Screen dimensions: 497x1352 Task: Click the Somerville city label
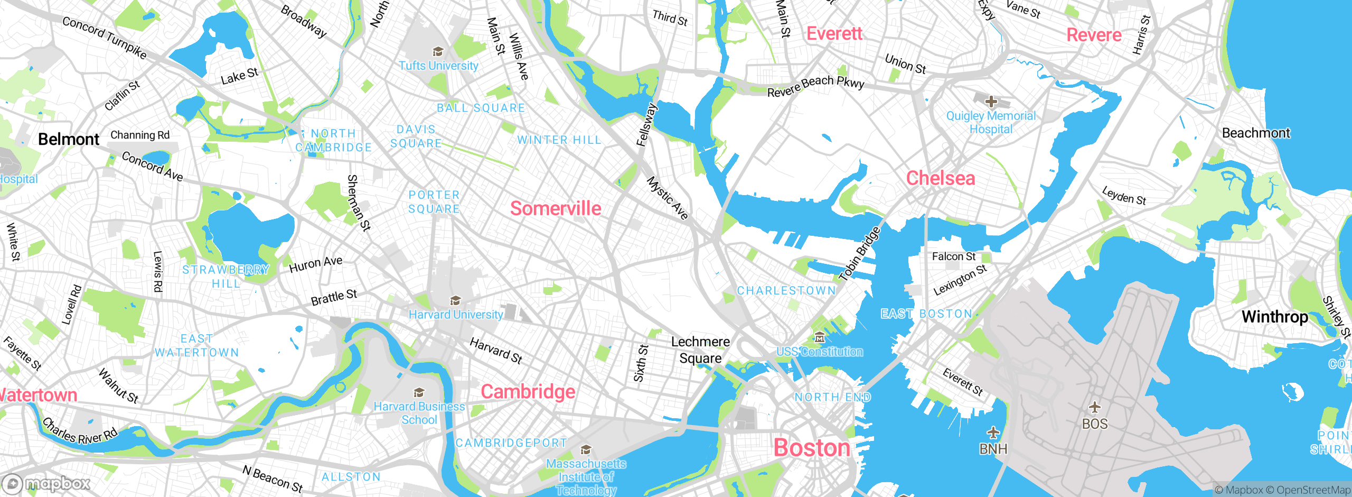pos(556,208)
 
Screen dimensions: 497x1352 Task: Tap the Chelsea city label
pos(941,178)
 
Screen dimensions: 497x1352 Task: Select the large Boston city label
pos(812,448)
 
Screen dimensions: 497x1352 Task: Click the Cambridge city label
pos(528,392)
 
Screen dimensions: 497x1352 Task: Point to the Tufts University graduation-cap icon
pos(438,52)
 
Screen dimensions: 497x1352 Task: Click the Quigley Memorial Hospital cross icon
pos(991,101)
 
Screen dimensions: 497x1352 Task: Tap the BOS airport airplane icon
pos(1095,407)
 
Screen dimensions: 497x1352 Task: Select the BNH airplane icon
pos(993,432)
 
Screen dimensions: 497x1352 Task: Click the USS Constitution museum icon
pos(819,337)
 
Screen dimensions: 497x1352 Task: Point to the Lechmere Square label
pos(700,350)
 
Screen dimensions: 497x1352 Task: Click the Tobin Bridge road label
pos(860,253)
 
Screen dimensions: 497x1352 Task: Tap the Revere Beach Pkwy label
pos(815,86)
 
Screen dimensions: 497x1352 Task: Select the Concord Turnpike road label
pos(105,37)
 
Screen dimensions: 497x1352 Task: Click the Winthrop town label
pos(1275,317)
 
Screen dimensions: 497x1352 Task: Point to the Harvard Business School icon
pos(419,393)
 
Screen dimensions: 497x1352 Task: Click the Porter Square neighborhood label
pos(434,202)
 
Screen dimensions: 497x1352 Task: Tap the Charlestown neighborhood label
pos(786,291)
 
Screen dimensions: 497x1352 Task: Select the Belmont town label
pos(69,140)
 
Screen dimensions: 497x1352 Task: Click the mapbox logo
pos(46,483)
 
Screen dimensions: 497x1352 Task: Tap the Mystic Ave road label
pos(668,198)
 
